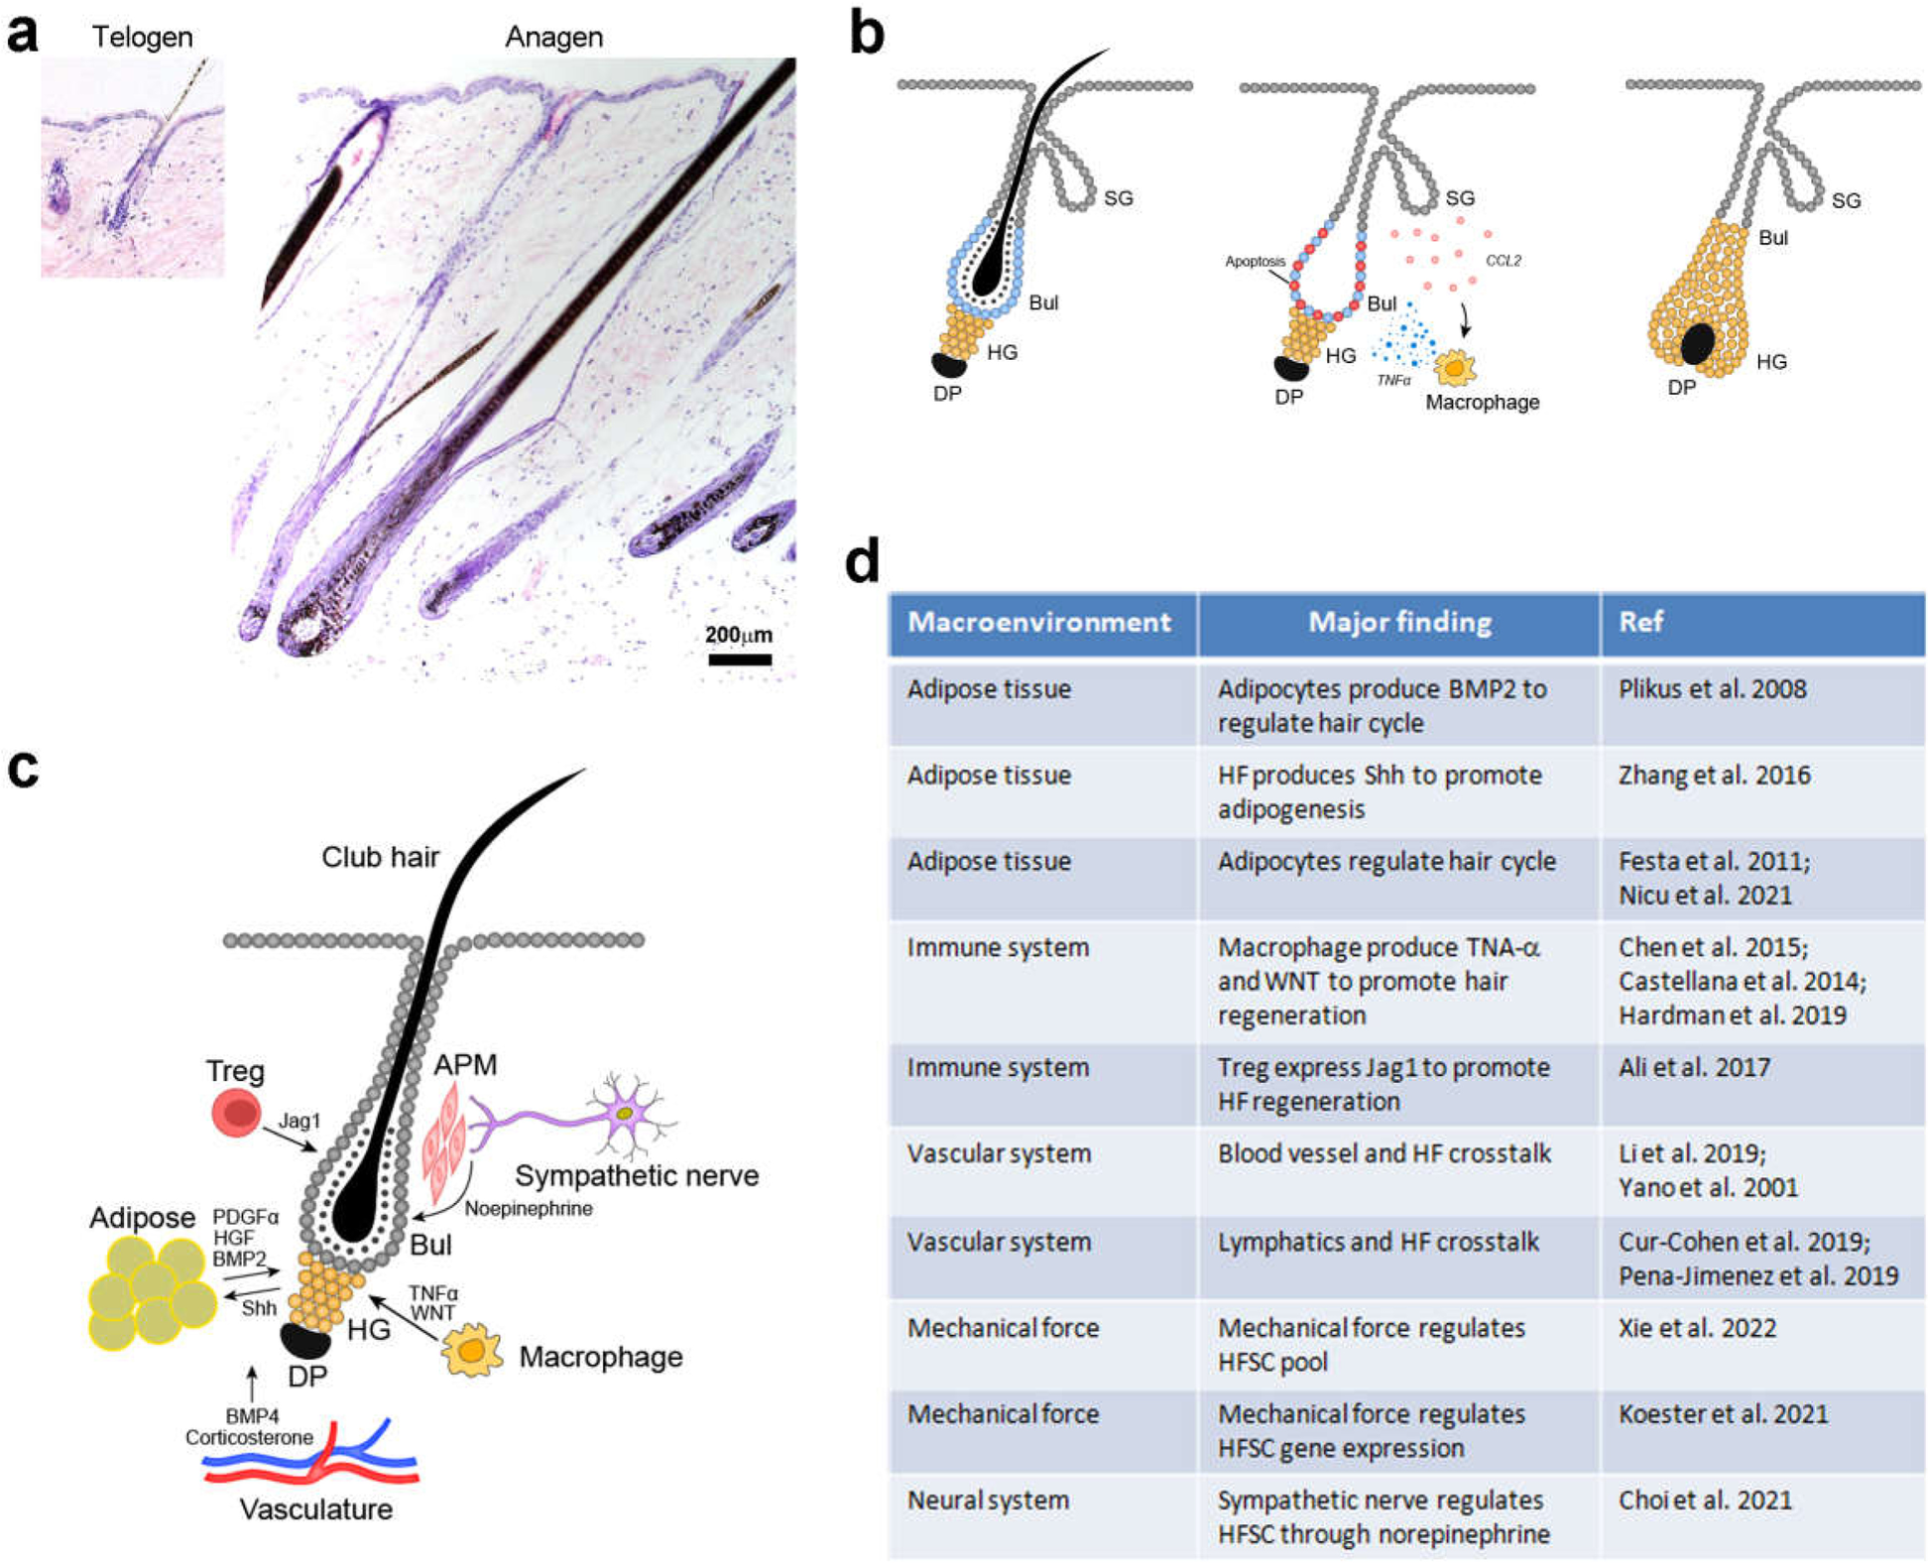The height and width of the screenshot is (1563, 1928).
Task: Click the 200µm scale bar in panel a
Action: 739,659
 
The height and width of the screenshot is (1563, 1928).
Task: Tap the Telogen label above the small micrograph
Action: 142,37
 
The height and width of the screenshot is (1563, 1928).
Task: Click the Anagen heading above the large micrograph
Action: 553,37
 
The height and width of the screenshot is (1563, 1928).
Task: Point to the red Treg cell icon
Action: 237,1113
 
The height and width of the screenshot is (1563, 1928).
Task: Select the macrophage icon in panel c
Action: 471,1351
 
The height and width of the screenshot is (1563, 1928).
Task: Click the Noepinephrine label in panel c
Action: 529,1208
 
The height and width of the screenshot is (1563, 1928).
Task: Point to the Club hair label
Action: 380,857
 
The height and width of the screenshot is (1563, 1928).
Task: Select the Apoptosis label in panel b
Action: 1255,262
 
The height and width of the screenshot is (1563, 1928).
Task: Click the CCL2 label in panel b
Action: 1503,261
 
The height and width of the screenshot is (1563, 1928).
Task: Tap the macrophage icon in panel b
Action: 1455,368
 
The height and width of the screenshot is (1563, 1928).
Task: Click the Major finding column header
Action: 1398,623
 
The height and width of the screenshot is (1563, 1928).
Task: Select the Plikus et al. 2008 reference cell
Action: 1712,689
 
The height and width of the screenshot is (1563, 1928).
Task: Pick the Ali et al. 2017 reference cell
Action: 1694,1068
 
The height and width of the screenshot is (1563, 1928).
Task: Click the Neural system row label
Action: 988,1500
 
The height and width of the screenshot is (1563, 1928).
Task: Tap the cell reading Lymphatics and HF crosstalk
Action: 1378,1242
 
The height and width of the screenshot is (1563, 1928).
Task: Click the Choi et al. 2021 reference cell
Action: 1705,1500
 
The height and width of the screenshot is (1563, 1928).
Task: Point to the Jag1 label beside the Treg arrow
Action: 299,1121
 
